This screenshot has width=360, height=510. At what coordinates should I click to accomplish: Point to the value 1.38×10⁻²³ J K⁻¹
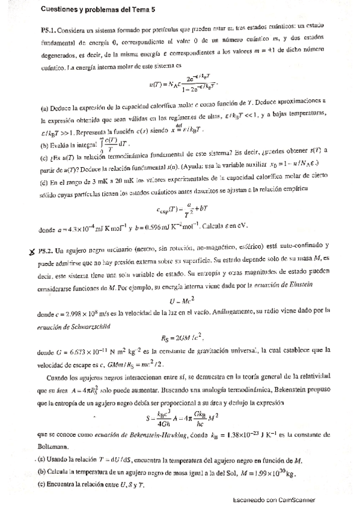[x=251, y=435]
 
